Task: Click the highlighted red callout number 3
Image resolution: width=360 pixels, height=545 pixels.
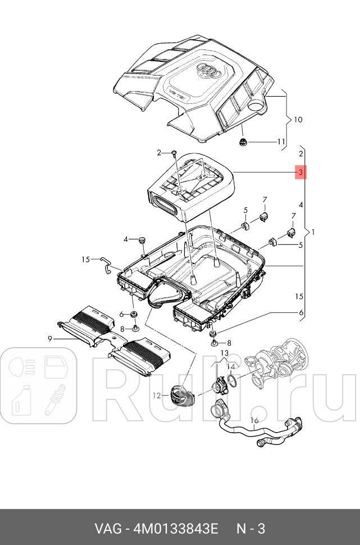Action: pos(301,172)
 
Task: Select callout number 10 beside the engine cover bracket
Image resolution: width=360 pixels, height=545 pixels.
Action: pos(298,120)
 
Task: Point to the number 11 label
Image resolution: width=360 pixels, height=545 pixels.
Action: pos(281,142)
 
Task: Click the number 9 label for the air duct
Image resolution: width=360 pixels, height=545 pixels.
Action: pos(50,338)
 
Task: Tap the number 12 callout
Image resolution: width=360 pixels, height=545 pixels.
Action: pos(157,396)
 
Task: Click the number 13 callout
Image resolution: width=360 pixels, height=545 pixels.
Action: pos(225,353)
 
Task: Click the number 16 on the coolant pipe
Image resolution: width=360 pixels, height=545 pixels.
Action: pos(254,420)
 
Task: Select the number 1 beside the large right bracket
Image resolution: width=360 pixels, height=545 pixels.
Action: pos(313,232)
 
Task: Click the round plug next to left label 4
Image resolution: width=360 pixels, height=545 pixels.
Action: pos(142,240)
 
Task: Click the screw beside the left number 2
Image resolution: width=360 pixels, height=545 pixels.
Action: pos(175,153)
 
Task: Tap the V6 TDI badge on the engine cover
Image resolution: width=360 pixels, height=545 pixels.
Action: pos(176,92)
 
